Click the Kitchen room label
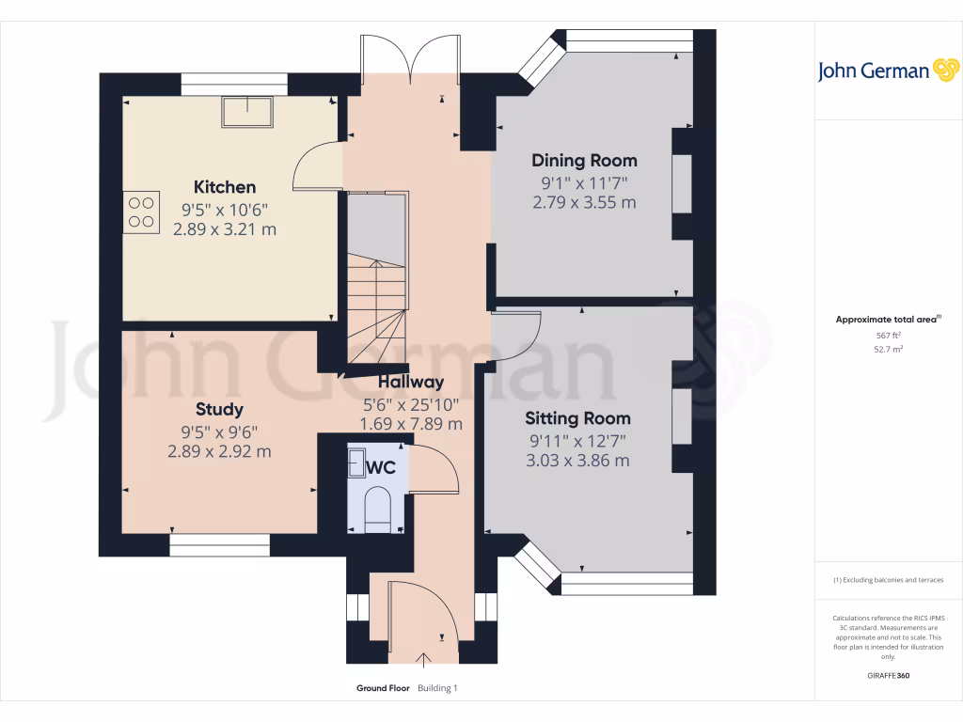(x=225, y=187)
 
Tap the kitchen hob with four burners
(x=141, y=212)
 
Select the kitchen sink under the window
(x=247, y=111)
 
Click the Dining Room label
(x=584, y=160)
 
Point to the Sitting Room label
(x=577, y=418)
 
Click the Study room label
(x=219, y=409)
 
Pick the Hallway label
(x=411, y=382)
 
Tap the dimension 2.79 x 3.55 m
(x=584, y=202)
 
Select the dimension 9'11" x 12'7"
(x=576, y=440)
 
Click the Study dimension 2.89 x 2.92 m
(x=219, y=452)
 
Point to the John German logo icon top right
(x=944, y=70)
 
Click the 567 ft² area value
(x=889, y=335)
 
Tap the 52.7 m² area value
(x=889, y=349)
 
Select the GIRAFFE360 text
(x=889, y=675)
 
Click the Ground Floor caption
(x=383, y=688)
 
